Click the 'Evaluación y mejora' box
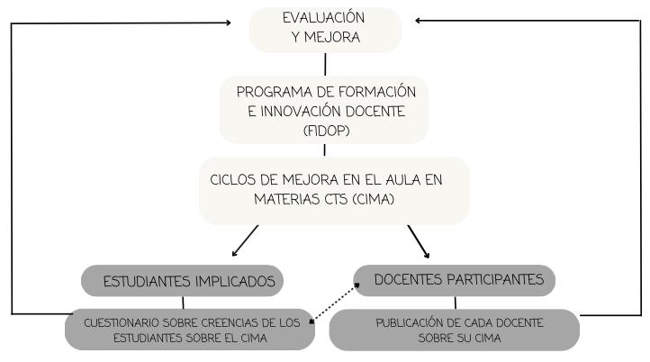(x=324, y=28)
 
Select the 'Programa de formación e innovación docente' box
(x=324, y=109)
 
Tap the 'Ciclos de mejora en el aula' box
(x=334, y=189)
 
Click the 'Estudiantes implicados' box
(x=183, y=281)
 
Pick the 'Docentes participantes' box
(x=454, y=280)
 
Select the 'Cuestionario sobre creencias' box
(x=189, y=330)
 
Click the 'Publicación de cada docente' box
(x=454, y=330)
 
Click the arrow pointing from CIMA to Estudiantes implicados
(x=244, y=240)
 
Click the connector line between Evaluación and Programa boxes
(x=325, y=64)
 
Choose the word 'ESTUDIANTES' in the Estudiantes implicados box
(x=146, y=281)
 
